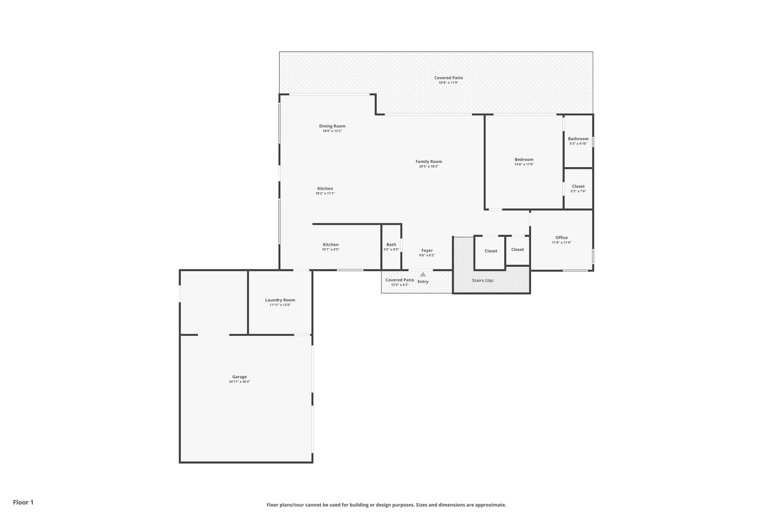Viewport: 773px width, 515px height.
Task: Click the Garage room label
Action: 239,377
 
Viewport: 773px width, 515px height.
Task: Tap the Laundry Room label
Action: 280,300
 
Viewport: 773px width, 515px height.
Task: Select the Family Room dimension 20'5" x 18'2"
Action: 428,166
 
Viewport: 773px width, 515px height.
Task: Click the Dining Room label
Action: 332,126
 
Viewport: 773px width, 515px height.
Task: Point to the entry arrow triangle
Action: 423,274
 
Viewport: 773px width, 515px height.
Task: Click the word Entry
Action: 423,282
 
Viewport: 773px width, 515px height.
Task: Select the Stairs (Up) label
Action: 482,281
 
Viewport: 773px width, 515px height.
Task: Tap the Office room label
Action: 561,238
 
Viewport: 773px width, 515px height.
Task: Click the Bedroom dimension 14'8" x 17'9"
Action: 524,164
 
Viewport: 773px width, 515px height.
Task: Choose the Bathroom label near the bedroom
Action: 578,139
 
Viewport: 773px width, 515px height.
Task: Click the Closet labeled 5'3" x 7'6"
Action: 578,186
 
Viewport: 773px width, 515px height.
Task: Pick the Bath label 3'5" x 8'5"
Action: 391,245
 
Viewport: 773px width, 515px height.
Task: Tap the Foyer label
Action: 427,251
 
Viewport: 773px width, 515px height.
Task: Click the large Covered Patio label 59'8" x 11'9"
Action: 448,78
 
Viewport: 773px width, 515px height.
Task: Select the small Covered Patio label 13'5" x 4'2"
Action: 399,280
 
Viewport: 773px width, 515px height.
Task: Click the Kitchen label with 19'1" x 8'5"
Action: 331,245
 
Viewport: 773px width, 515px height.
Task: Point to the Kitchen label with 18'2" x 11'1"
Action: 325,189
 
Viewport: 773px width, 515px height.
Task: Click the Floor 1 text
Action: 23,503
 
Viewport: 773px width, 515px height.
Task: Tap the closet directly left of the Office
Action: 517,250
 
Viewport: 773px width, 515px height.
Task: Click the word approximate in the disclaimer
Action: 490,505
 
